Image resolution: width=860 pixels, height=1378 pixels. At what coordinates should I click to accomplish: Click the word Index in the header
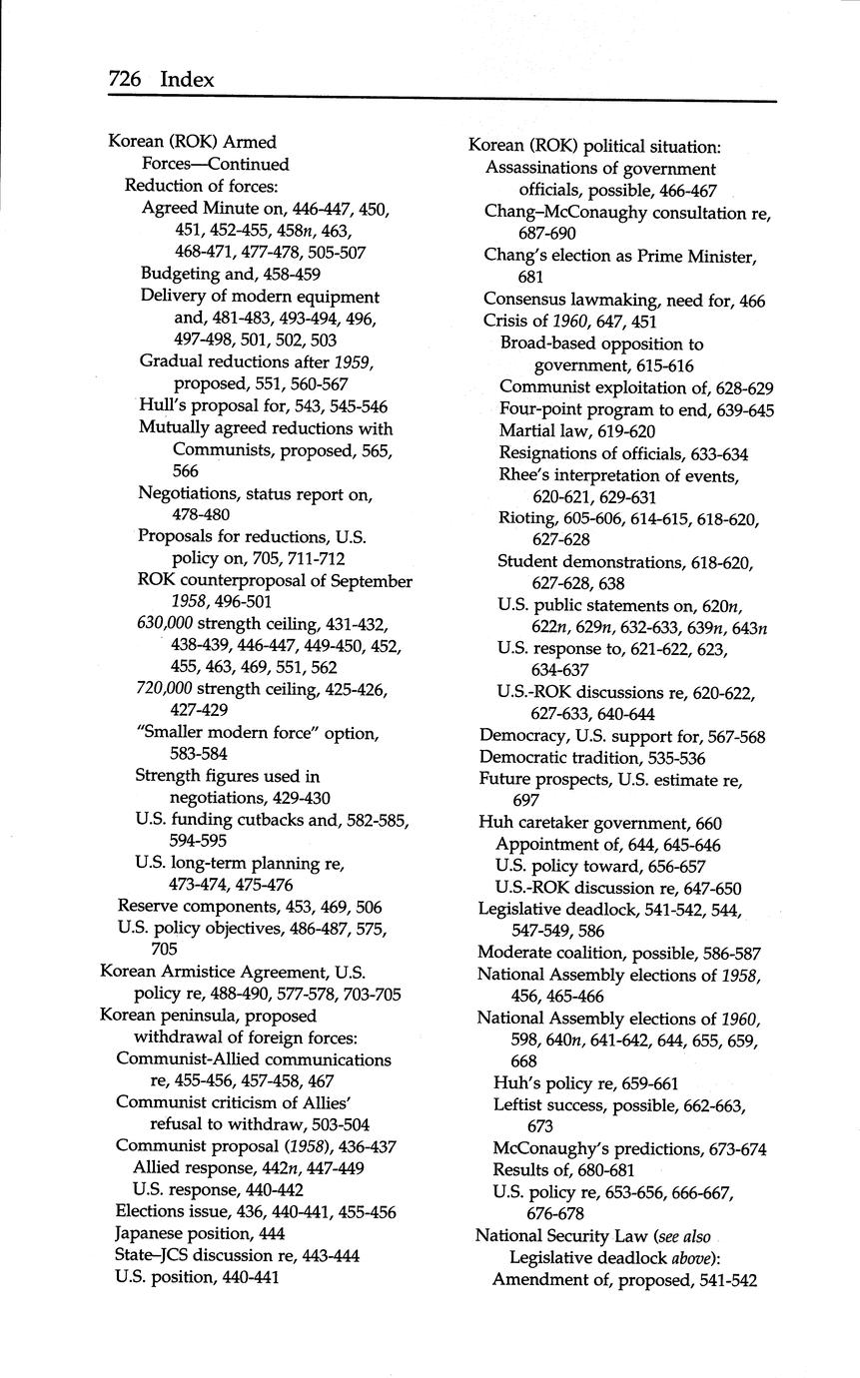point(187,79)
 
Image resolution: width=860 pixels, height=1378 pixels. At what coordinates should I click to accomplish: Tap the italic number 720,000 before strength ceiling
point(165,689)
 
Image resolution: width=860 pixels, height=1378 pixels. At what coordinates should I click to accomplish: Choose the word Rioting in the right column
point(528,518)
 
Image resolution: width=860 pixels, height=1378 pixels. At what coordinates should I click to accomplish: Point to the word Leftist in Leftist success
point(520,1104)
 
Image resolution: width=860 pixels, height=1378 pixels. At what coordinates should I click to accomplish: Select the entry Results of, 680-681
point(563,1169)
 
